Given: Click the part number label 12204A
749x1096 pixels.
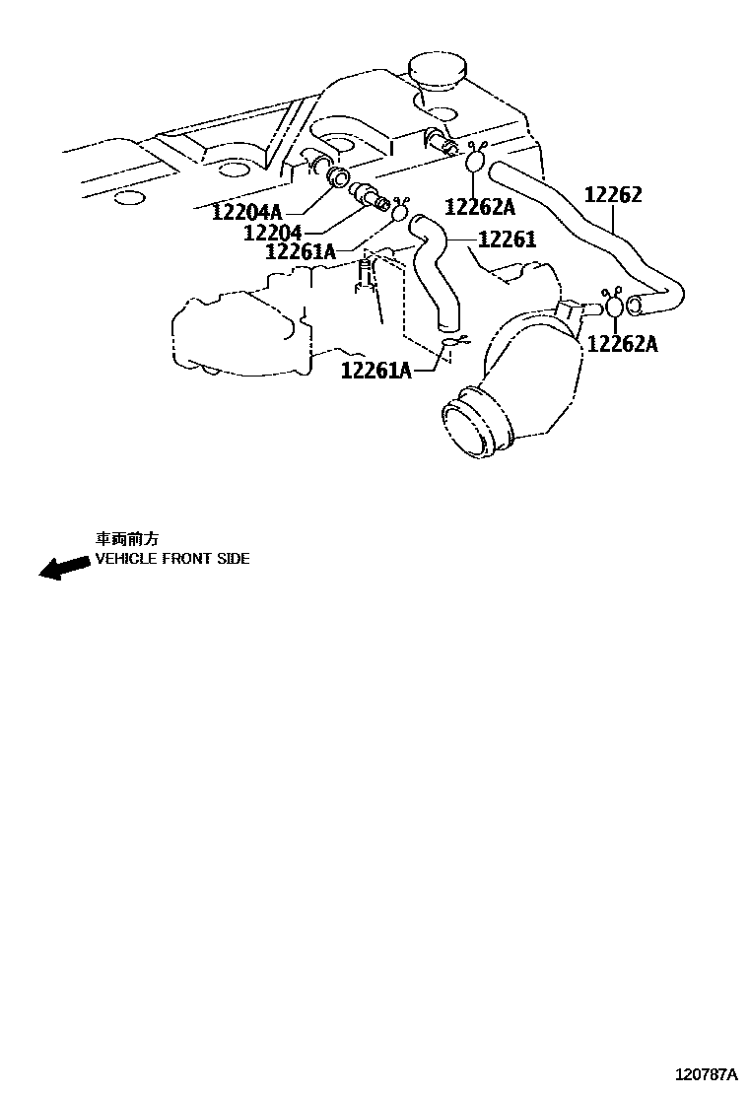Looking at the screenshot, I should coord(246,210).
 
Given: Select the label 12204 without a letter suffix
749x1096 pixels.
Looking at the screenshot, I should coord(272,233).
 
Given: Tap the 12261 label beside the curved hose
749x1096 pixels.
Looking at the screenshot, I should coord(507,240).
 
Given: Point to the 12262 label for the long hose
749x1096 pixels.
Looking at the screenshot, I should coord(613,194).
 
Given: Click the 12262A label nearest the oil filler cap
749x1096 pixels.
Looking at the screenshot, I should coord(480,206).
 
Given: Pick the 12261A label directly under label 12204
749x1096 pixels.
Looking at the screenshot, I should coord(301,252).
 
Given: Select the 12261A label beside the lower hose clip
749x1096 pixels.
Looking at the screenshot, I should coord(376,370).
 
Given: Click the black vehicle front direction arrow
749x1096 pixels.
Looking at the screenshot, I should coord(62,568).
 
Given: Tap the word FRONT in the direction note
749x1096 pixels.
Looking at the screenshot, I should coord(180,558).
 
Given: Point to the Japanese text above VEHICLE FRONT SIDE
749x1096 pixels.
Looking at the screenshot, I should coord(126,538).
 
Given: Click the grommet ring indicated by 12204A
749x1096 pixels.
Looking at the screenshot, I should coord(337,177).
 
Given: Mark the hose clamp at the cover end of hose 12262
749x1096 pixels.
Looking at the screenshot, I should coord(476,159).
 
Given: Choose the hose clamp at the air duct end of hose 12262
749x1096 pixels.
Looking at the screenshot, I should coord(613,305).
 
